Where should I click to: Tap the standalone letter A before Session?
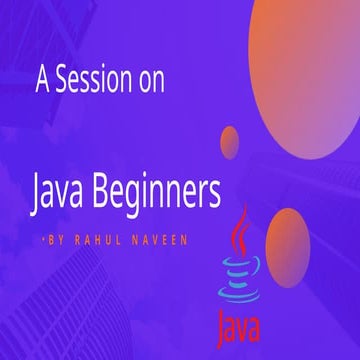coord(42,79)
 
